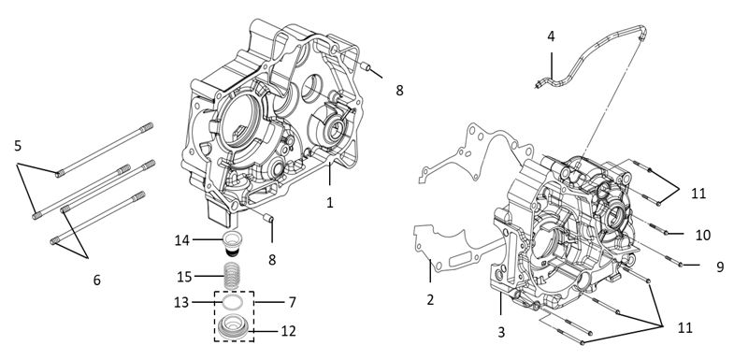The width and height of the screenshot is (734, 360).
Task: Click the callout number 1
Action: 330,203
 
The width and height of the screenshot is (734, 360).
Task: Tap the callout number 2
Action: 430,299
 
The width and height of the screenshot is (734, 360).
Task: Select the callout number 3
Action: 501,332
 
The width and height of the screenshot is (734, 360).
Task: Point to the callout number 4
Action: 552,36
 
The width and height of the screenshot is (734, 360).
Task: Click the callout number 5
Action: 18,146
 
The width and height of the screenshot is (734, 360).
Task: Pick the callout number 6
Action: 97,280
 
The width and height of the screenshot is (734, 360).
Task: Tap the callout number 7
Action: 292,302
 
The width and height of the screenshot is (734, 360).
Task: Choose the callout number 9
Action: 719,267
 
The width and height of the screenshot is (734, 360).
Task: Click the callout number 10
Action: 702,235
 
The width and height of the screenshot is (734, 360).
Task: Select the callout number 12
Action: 288,331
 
